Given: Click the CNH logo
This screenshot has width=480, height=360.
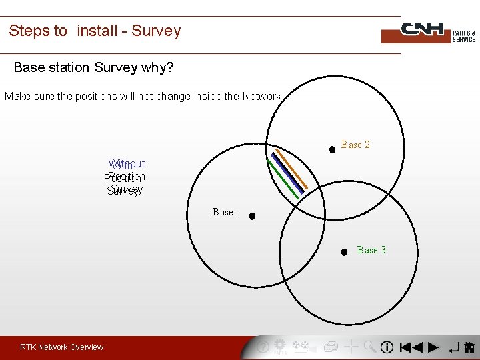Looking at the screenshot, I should (427, 31).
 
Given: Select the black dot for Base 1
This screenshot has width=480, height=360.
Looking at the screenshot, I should (253, 216).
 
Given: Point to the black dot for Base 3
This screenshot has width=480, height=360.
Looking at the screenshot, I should (344, 252).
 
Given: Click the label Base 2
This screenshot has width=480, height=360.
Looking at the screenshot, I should (355, 145).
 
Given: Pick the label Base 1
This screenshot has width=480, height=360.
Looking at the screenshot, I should (227, 212).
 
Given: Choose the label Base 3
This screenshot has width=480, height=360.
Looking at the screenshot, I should (371, 250).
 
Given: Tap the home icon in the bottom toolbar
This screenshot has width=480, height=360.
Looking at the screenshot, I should (469, 347).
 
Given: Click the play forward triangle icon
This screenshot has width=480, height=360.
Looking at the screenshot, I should (433, 347).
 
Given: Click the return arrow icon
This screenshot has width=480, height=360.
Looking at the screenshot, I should (453, 347).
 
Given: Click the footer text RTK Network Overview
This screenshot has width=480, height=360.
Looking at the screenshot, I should (61, 347).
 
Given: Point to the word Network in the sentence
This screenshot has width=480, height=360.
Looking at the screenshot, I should (262, 97).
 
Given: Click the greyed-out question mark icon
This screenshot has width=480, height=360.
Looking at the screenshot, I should (263, 347).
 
